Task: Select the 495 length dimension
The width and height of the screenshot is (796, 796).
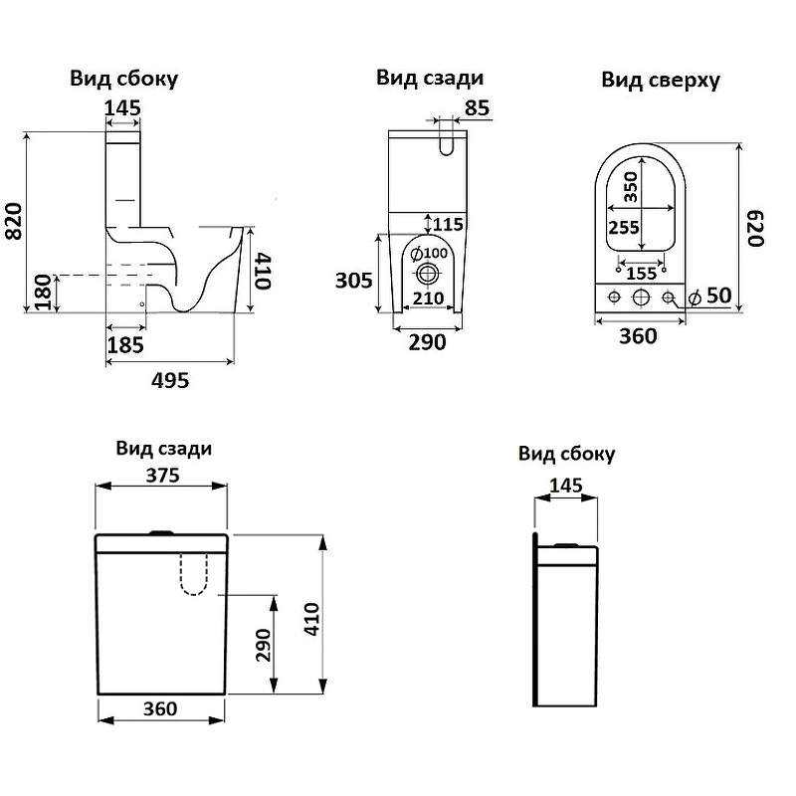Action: (169, 379)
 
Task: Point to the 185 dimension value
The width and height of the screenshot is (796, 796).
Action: (125, 344)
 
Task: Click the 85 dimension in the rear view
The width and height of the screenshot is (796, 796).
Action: (477, 108)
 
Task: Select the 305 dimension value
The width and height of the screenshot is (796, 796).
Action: (353, 281)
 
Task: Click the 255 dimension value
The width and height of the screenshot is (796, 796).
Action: (624, 228)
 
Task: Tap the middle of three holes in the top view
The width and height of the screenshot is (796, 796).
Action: (642, 297)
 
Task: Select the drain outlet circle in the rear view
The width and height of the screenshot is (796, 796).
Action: (429, 274)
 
